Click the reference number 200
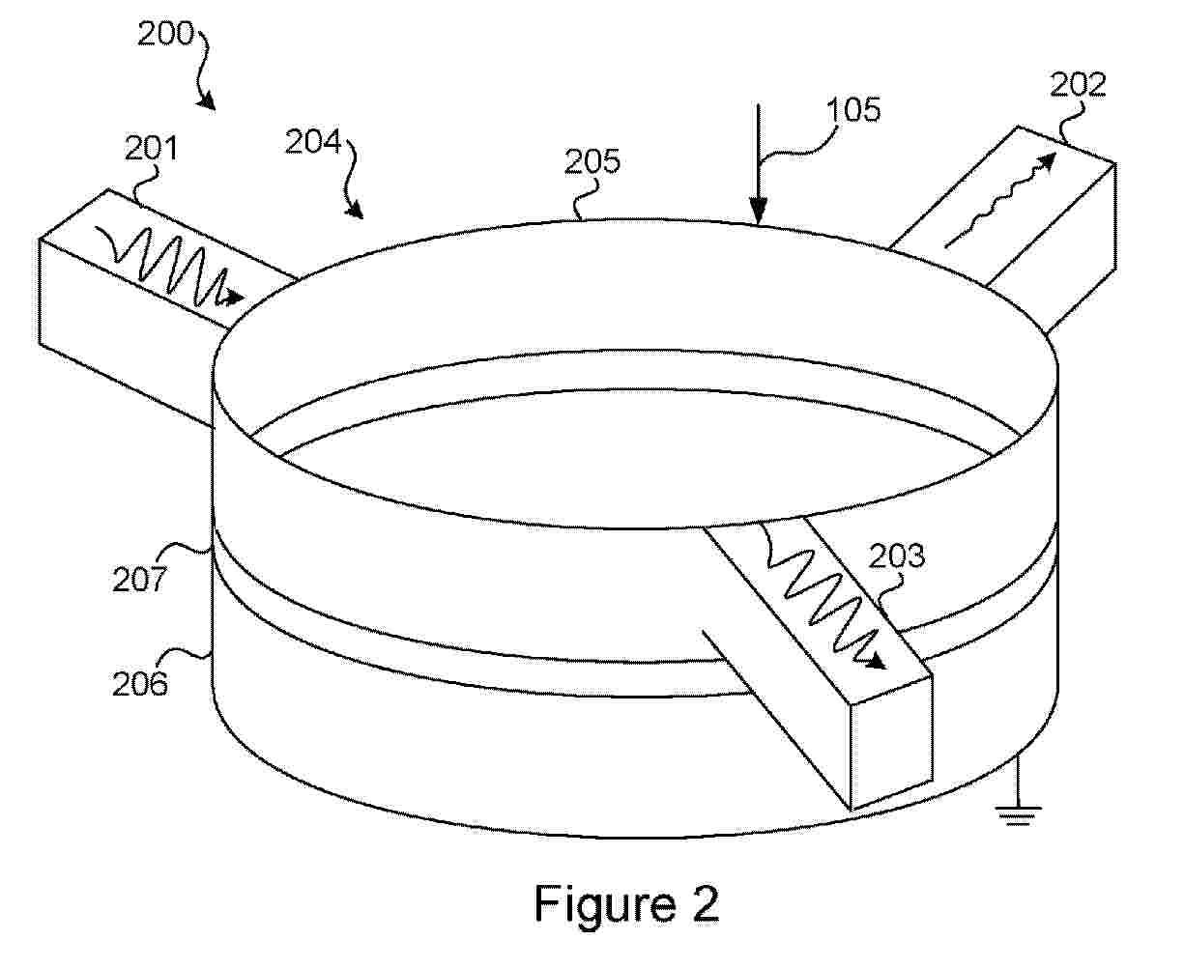pyautogui.click(x=165, y=34)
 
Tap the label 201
pyautogui.click(x=151, y=149)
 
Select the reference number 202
pyautogui.click(x=1078, y=86)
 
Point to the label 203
pyautogui.click(x=897, y=556)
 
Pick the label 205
pyautogui.click(x=592, y=162)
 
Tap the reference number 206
pyautogui.click(x=140, y=684)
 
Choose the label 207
pyautogui.click(x=139, y=580)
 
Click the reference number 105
pyautogui.click(x=853, y=110)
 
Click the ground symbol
pyautogui.click(x=1018, y=815)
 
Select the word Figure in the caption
pyautogui.click(x=605, y=903)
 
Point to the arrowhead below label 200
pyautogui.click(x=207, y=101)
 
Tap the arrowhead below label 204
pyautogui.click(x=355, y=210)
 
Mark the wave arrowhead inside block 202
pyautogui.click(x=1046, y=160)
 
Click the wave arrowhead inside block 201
pyautogui.click(x=234, y=297)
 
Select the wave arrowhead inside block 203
pyautogui.click(x=876, y=662)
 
